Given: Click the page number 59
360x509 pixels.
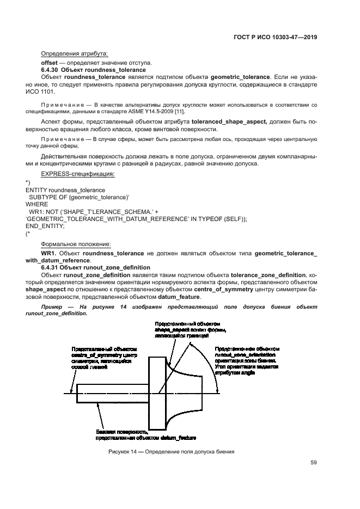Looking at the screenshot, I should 313,463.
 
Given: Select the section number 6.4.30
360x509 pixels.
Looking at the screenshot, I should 50,70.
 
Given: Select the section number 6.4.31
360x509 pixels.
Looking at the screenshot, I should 50,268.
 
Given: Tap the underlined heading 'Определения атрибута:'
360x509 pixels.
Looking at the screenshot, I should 75,53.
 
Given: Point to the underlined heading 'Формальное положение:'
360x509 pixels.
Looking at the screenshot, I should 77,244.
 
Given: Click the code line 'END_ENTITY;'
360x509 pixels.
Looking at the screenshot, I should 45,226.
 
